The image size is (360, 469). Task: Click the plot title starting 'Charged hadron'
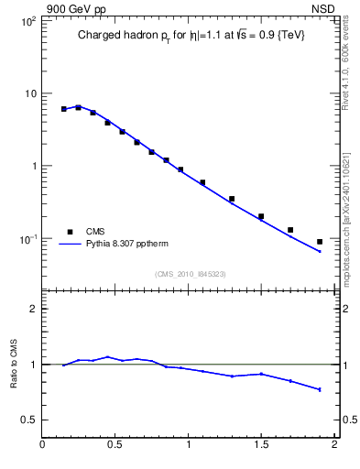pyautogui.click(x=191, y=35)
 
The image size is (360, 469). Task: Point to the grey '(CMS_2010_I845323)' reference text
pyautogui.click(x=191, y=273)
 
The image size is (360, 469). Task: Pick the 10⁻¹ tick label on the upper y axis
pyautogui.click(x=27, y=239)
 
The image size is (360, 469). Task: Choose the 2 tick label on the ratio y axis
pyautogui.click(x=33, y=309)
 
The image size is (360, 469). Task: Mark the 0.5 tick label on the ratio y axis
pyautogui.click(x=29, y=420)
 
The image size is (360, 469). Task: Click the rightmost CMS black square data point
pyautogui.click(x=320, y=242)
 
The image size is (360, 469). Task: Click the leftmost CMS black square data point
pyautogui.click(x=64, y=109)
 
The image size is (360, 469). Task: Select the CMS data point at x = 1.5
pyautogui.click(x=261, y=216)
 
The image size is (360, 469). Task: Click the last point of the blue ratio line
pyautogui.click(x=320, y=389)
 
